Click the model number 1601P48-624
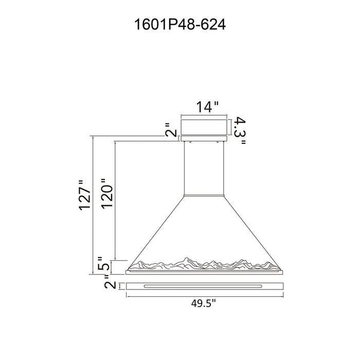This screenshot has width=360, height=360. click(x=180, y=24)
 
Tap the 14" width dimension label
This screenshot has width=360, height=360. click(x=207, y=107)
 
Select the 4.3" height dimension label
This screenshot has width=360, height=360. click(x=240, y=131)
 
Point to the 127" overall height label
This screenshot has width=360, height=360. click(x=85, y=195)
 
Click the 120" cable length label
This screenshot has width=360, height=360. click(x=107, y=193)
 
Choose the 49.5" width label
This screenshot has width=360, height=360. click(x=204, y=303)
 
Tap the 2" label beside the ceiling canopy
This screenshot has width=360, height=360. click(x=171, y=130)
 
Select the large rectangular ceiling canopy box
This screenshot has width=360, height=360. click(x=204, y=127)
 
